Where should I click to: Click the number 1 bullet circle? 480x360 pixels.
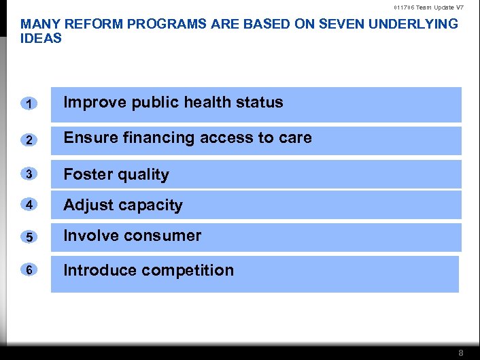pos(29,103)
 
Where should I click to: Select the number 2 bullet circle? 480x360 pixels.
pos(29,140)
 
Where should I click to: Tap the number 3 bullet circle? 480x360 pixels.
pos(29,174)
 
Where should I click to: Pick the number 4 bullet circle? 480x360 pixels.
pos(29,205)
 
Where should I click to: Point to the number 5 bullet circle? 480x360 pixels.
pos(29,238)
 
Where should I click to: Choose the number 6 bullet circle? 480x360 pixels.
pos(29,269)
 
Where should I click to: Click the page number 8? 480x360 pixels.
pos(460,353)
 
